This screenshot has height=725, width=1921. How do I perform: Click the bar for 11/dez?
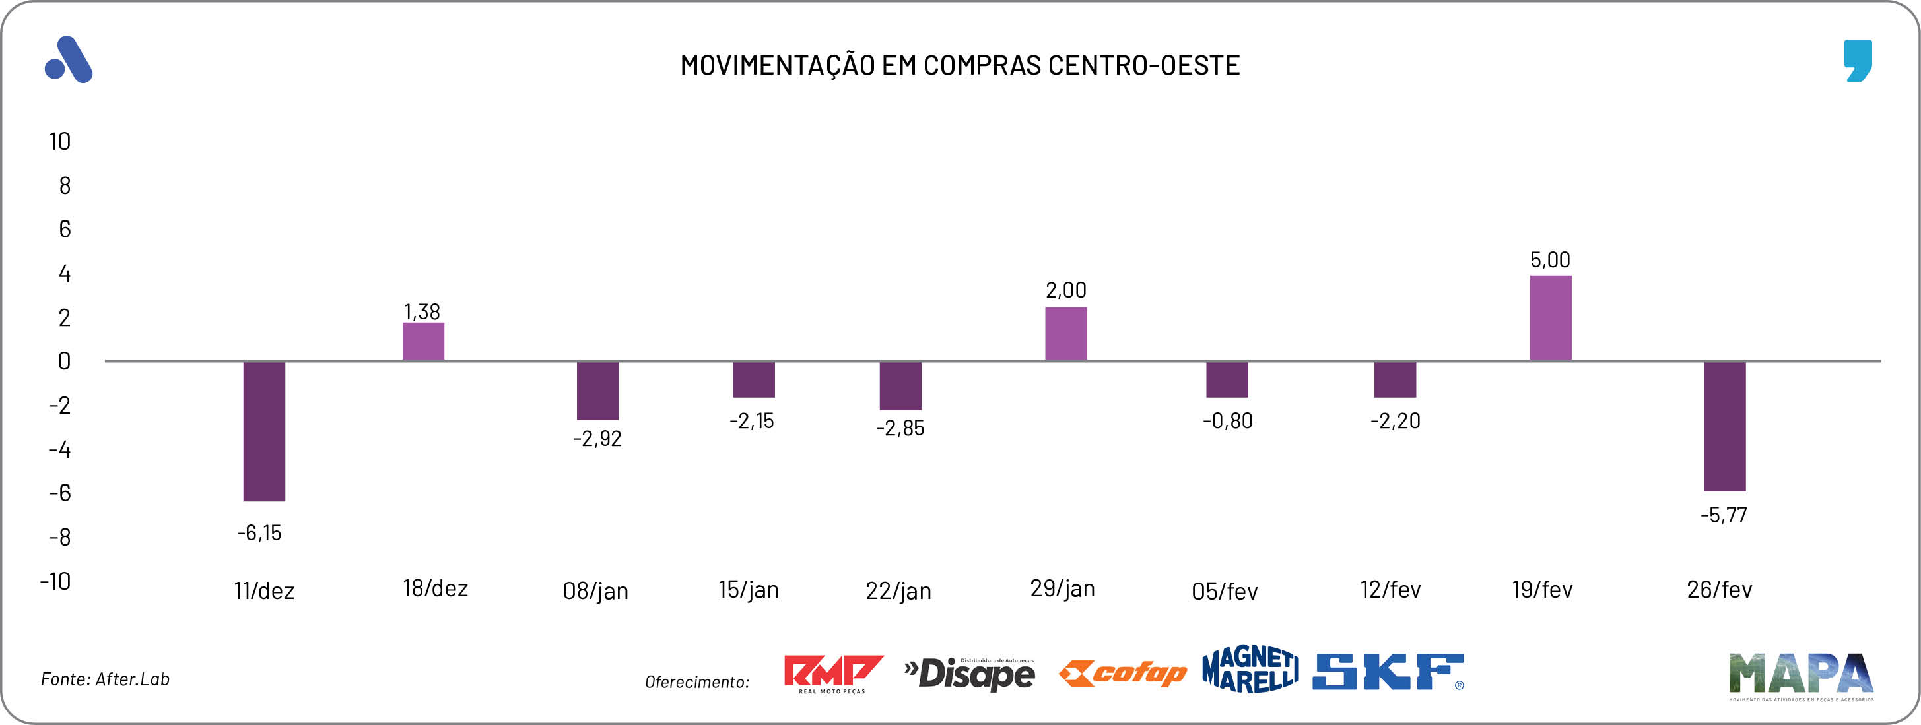[x=264, y=431]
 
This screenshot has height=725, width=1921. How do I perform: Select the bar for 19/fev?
[x=1551, y=318]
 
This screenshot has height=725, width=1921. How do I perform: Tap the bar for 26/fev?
[x=1724, y=426]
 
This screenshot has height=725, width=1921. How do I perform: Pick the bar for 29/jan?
[x=1065, y=334]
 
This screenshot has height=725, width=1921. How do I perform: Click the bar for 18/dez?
[x=424, y=341]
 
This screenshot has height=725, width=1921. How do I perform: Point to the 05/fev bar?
[x=1227, y=379]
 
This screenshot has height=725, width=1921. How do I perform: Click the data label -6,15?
[x=259, y=533]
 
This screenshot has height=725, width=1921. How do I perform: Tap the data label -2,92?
[x=597, y=438]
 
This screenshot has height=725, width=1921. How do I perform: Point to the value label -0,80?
[x=1227, y=421]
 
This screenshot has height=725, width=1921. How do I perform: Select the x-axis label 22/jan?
[x=898, y=591]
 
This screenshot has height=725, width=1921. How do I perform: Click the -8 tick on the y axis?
[x=59, y=536]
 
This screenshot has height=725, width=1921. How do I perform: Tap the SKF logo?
[x=1388, y=672]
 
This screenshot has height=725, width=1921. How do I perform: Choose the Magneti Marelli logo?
[x=1250, y=669]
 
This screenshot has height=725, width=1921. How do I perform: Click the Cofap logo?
[x=1122, y=674]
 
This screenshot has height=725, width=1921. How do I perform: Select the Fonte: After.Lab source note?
[x=105, y=679]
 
